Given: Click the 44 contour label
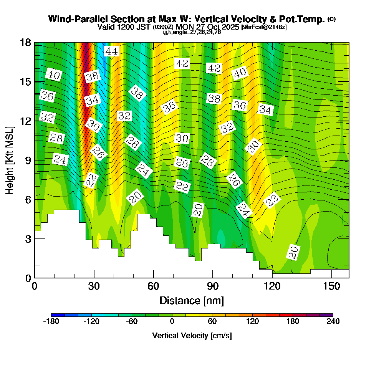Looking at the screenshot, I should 112,51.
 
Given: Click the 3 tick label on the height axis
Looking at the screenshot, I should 28,239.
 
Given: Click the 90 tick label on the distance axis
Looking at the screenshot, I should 213,287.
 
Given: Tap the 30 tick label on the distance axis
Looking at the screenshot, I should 94,287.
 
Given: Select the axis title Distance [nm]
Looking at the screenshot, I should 192,300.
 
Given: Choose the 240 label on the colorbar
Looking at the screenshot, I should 333,322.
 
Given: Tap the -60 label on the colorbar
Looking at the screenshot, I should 132,322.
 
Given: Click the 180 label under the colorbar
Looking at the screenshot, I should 293,322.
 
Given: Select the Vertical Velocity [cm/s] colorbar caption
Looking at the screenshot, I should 192,336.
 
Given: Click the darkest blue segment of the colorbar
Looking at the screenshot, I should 58,315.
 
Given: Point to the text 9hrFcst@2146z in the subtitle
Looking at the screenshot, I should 264,27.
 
